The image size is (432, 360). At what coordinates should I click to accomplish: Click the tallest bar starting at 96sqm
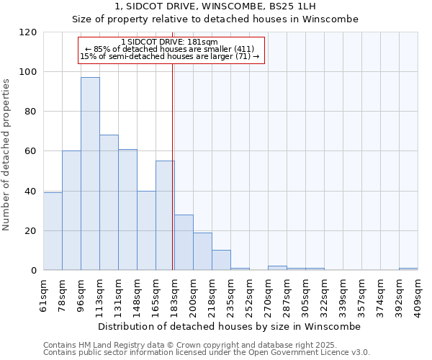tap(90, 174)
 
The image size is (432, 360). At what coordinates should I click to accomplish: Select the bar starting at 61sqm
tap(53, 231)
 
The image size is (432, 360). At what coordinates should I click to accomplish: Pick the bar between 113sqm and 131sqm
tap(109, 202)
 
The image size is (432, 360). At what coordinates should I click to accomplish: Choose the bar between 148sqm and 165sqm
tap(146, 230)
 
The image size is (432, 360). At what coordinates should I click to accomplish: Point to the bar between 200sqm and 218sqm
tap(202, 251)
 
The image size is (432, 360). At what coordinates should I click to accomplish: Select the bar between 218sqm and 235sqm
tap(221, 260)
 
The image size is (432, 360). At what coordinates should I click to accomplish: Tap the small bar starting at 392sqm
tap(408, 269)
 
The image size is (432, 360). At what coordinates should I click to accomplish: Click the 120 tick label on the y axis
tap(30, 32)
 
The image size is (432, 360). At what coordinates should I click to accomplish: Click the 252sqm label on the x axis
tap(249, 294)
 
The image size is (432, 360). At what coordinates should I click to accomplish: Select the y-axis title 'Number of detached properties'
tap(7, 155)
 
